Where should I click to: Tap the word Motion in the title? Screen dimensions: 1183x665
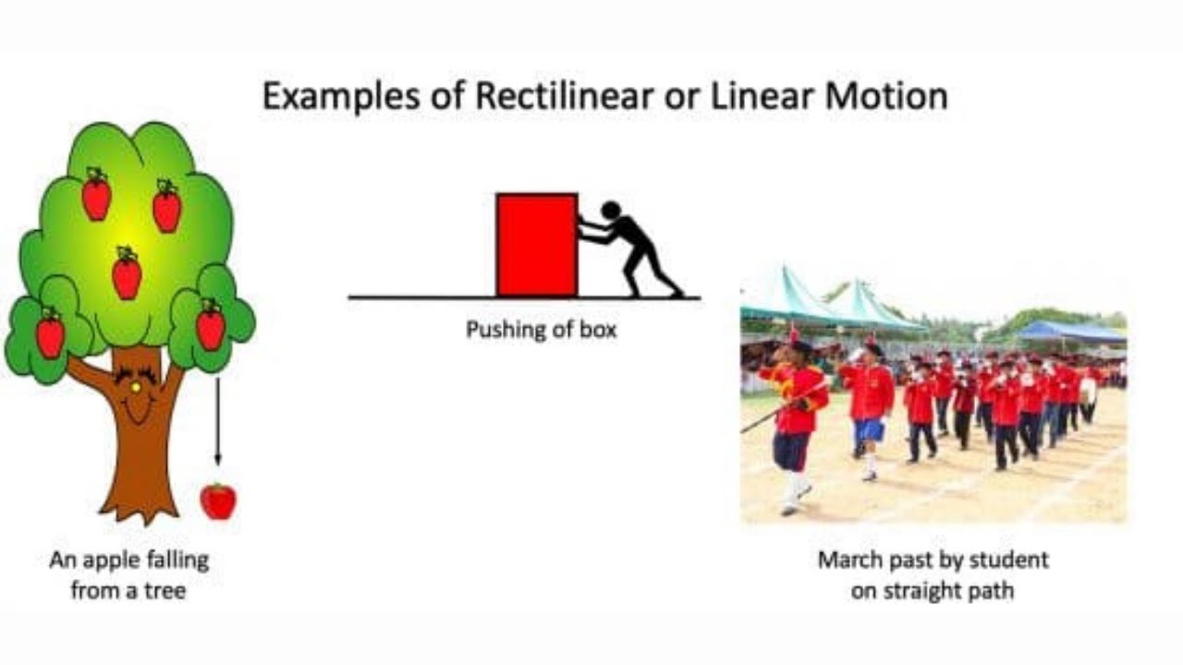click(886, 96)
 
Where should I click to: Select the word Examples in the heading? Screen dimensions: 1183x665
click(342, 97)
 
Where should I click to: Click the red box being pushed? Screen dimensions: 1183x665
click(537, 246)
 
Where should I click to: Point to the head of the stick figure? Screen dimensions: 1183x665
click(611, 210)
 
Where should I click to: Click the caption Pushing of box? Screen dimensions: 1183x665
click(542, 330)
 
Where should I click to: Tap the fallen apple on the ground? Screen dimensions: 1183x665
click(219, 502)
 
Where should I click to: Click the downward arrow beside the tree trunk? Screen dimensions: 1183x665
click(217, 420)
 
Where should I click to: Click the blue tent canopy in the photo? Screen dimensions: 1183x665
click(1071, 331)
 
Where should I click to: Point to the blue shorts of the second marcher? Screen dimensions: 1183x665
click(868, 430)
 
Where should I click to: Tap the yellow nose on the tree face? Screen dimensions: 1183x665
click(136, 388)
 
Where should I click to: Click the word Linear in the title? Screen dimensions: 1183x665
click(762, 96)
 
